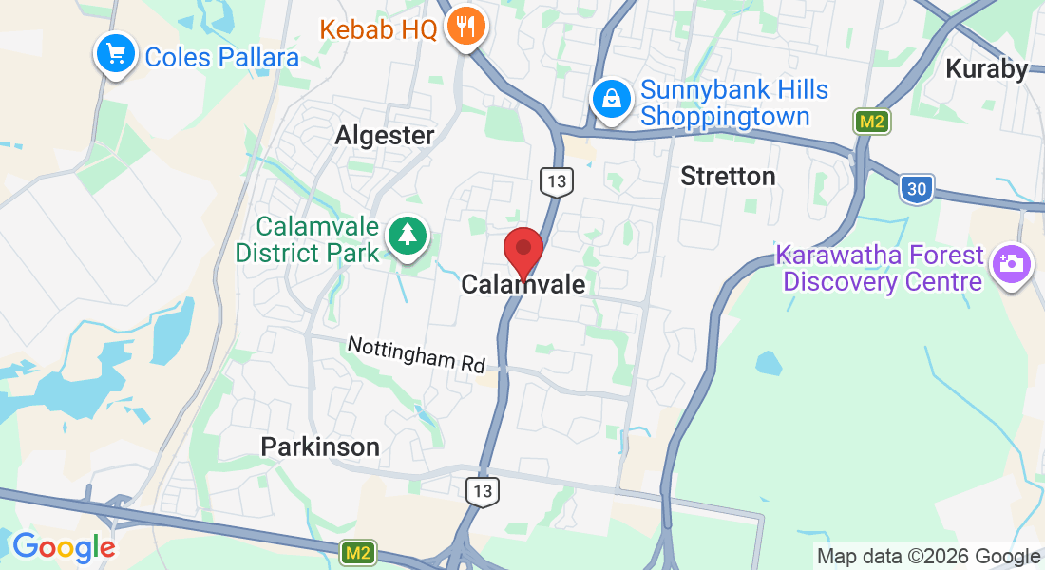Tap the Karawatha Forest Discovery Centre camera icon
click(x=1011, y=263)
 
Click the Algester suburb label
click(x=384, y=136)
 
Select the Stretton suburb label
click(x=729, y=177)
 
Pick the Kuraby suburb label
click(x=986, y=69)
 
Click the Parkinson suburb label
click(x=320, y=446)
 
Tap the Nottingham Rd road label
click(x=416, y=353)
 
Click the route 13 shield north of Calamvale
click(x=554, y=180)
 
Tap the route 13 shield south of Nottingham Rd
click(x=483, y=490)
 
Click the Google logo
click(x=64, y=548)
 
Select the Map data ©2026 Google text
click(x=928, y=557)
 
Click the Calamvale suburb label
click(x=522, y=285)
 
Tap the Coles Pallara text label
click(x=221, y=57)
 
